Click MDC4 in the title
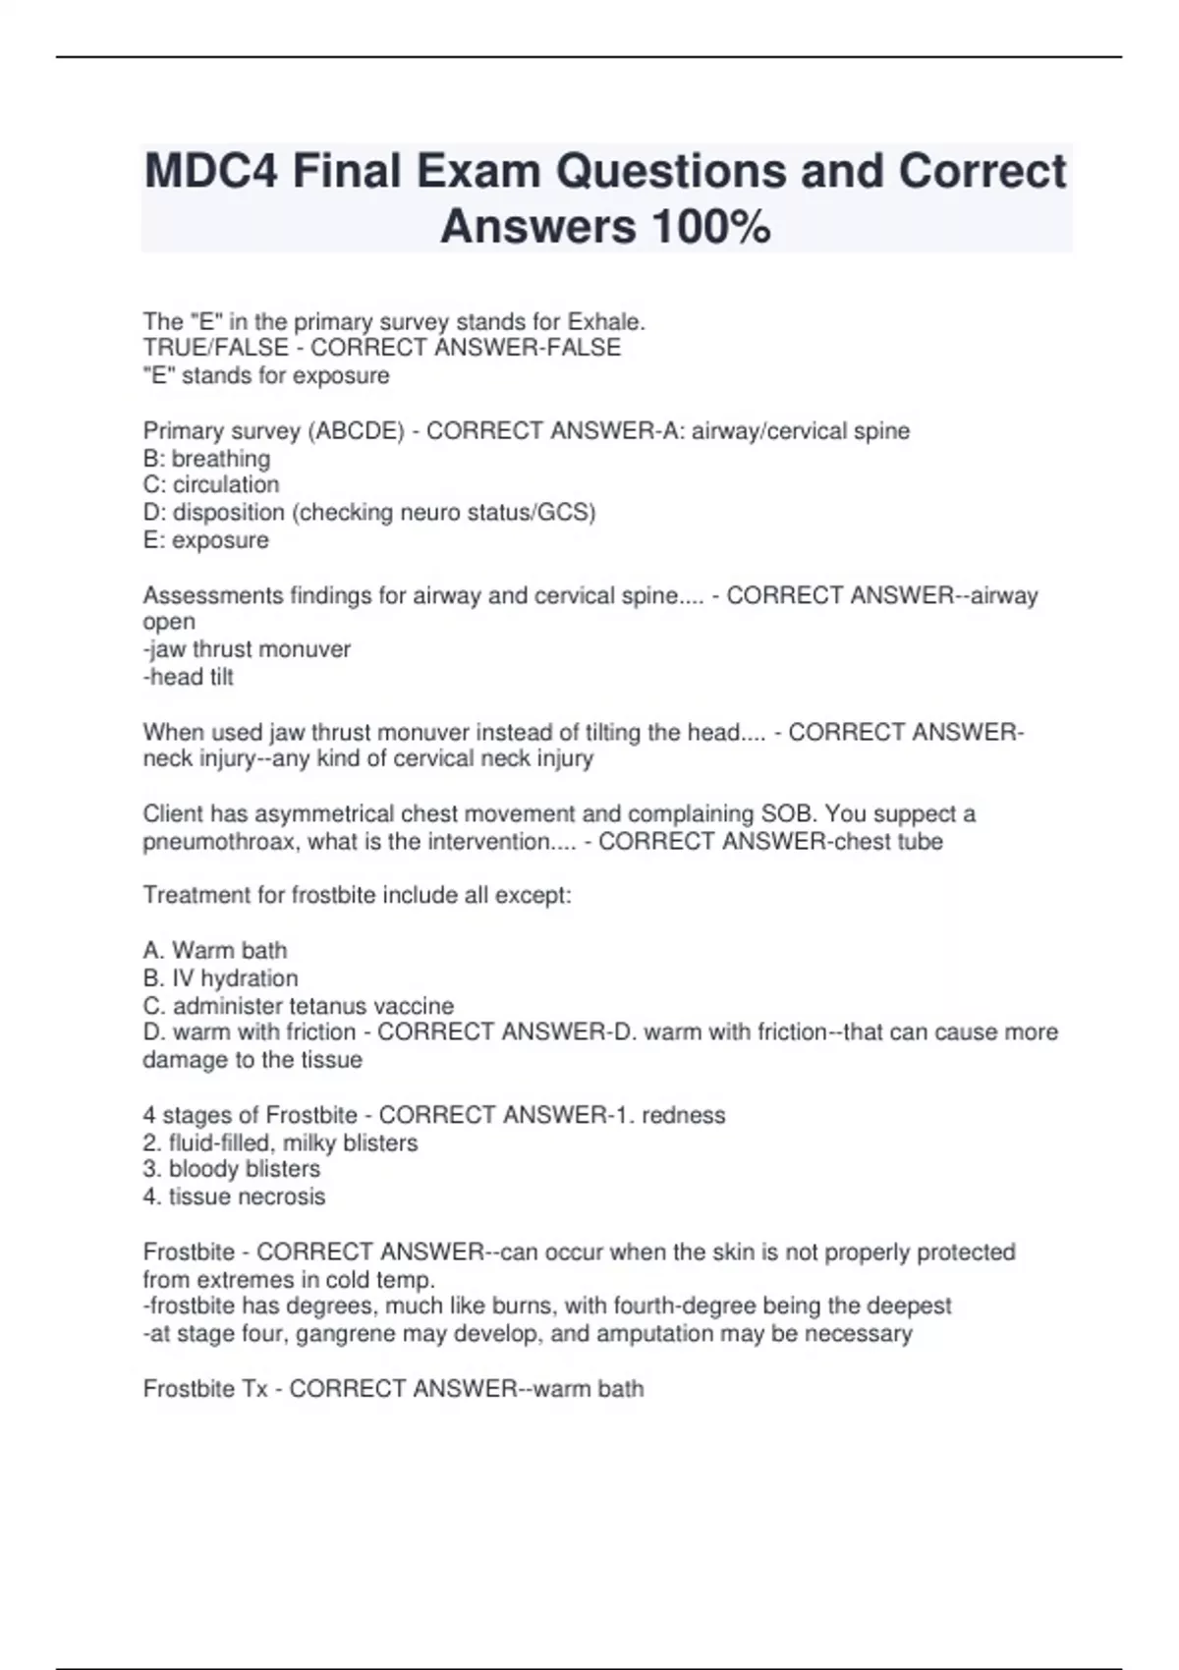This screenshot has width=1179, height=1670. [210, 171]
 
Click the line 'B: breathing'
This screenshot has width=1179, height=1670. [206, 459]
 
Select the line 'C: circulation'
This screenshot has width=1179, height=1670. [211, 485]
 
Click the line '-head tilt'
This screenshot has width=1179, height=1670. [189, 677]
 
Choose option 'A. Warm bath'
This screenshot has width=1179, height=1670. [215, 951]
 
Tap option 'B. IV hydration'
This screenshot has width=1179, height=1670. [220, 978]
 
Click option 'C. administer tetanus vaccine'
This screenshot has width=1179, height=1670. [299, 1006]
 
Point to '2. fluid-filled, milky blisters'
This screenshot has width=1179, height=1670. [280, 1143]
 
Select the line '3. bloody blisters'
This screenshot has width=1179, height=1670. [232, 1170]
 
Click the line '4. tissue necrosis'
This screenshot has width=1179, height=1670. [234, 1197]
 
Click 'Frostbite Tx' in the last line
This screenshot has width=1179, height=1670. [205, 1389]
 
